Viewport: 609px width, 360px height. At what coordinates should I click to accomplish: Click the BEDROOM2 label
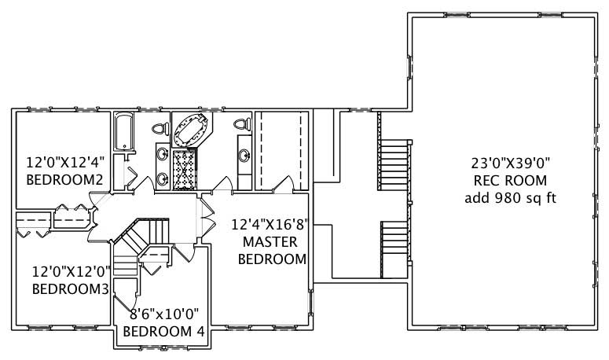[65, 180]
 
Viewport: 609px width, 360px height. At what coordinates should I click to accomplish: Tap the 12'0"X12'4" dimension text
[65, 163]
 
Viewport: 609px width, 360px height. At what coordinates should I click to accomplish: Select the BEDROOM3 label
[70, 288]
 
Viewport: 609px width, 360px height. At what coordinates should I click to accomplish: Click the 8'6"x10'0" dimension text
[167, 314]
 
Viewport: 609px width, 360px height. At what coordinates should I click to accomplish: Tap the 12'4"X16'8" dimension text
[268, 223]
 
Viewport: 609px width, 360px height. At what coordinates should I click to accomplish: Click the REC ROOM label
[510, 181]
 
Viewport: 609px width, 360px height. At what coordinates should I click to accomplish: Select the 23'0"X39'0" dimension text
[510, 163]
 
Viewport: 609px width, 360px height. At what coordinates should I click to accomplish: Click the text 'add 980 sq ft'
[510, 197]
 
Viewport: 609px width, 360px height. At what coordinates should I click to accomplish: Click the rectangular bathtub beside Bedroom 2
[123, 132]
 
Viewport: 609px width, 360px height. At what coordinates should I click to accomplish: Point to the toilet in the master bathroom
[242, 124]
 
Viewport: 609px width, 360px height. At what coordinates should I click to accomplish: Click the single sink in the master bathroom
[244, 154]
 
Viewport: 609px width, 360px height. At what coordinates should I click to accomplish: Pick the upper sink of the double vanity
[162, 154]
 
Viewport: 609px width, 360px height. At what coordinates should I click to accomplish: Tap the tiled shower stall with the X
[187, 168]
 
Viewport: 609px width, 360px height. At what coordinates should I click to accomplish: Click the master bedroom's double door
[207, 213]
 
